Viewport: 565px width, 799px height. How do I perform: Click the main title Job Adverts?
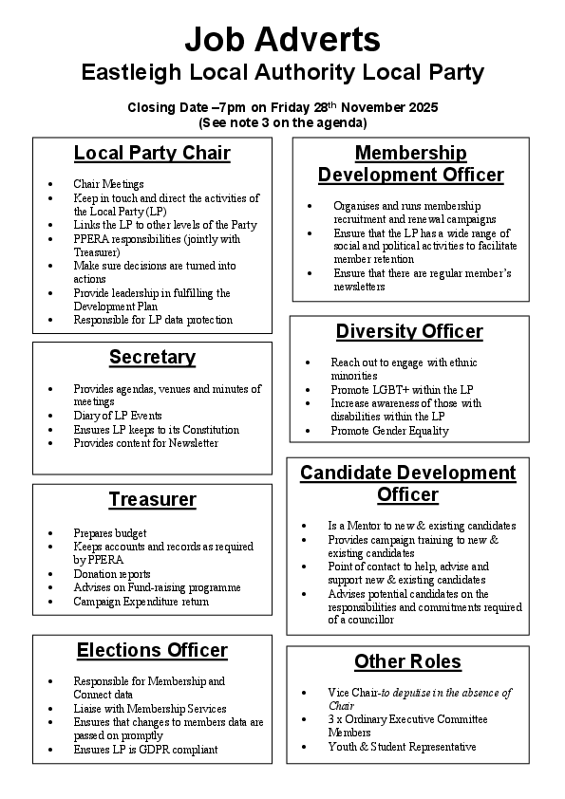(282, 39)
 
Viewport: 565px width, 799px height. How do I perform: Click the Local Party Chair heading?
(152, 153)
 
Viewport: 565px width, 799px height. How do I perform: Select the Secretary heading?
(152, 357)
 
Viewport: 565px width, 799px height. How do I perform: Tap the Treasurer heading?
(152, 499)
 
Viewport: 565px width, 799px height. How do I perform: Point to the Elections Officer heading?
(152, 650)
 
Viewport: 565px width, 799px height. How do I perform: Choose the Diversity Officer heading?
(409, 331)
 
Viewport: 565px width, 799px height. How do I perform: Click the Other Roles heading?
(407, 661)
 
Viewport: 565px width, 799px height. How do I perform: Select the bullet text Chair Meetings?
(108, 184)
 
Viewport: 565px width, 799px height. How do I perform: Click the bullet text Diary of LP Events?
(118, 416)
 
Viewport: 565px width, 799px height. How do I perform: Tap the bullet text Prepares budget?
(110, 533)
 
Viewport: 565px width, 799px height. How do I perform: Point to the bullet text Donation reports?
(112, 574)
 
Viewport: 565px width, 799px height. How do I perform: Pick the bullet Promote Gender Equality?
(389, 431)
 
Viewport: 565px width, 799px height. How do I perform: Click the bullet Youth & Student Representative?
(402, 747)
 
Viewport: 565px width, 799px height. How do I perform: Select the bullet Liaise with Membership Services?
(150, 709)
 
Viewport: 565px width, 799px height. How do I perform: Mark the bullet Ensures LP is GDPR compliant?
(145, 750)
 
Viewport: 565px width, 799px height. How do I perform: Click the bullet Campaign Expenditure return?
(141, 602)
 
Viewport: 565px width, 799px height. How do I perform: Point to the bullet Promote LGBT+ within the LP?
(402, 390)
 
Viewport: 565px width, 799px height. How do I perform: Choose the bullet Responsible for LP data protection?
(153, 320)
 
